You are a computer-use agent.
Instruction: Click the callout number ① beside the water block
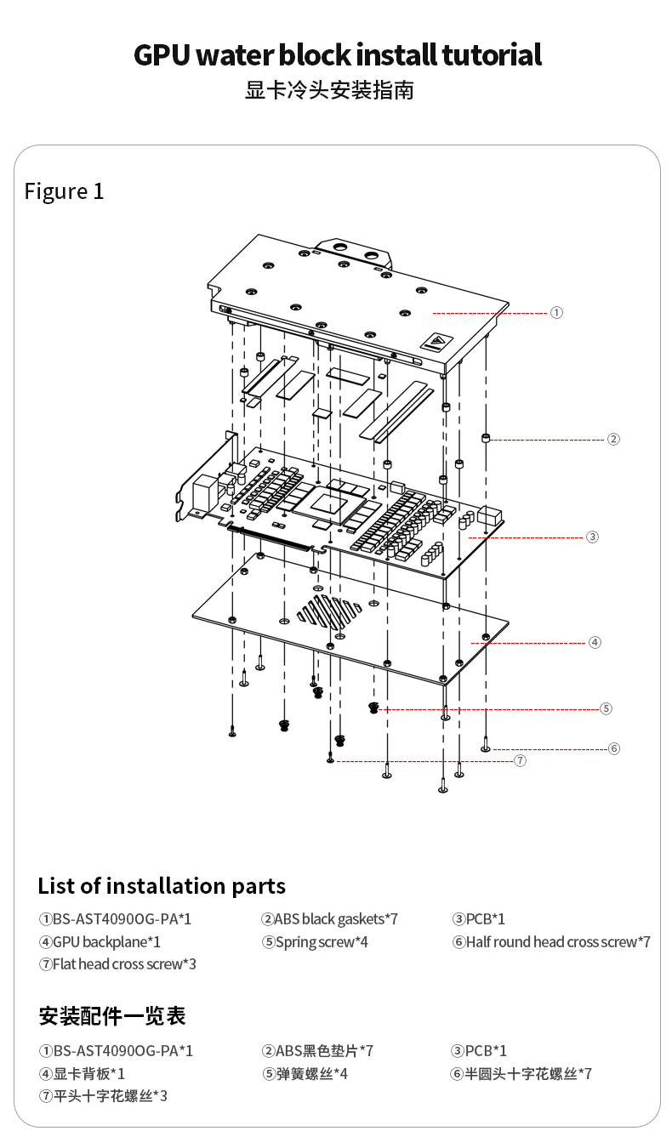(556, 312)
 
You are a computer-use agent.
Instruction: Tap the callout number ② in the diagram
(613, 439)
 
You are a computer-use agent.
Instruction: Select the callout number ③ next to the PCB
(592, 537)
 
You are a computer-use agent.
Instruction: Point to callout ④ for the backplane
(595, 642)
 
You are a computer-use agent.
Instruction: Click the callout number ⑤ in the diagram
(606, 708)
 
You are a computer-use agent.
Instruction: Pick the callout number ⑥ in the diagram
(614, 748)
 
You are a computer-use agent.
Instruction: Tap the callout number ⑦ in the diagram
(520, 760)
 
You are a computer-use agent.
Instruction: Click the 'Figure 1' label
(64, 191)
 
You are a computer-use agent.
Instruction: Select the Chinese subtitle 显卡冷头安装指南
(330, 90)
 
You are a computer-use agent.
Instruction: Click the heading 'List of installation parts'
(162, 886)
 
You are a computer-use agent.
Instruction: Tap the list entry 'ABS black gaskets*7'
(330, 919)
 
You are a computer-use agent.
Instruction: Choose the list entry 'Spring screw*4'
(316, 942)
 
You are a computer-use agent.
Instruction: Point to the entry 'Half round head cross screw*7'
(551, 942)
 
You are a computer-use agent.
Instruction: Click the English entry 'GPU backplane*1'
(100, 942)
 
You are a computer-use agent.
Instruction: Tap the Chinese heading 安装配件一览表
(112, 1016)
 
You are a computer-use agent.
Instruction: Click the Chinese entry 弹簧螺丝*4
(305, 1074)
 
